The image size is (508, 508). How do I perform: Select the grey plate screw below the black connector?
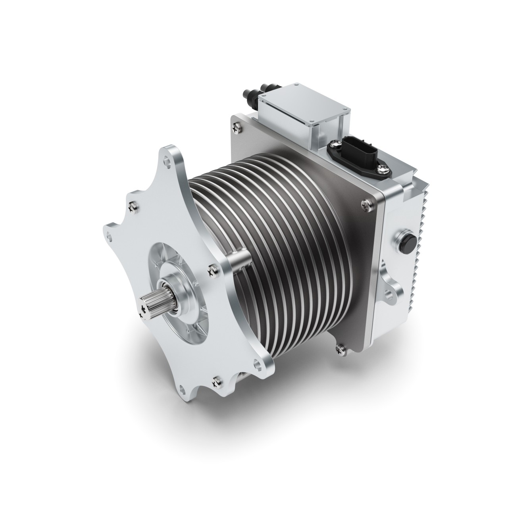(364, 204)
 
